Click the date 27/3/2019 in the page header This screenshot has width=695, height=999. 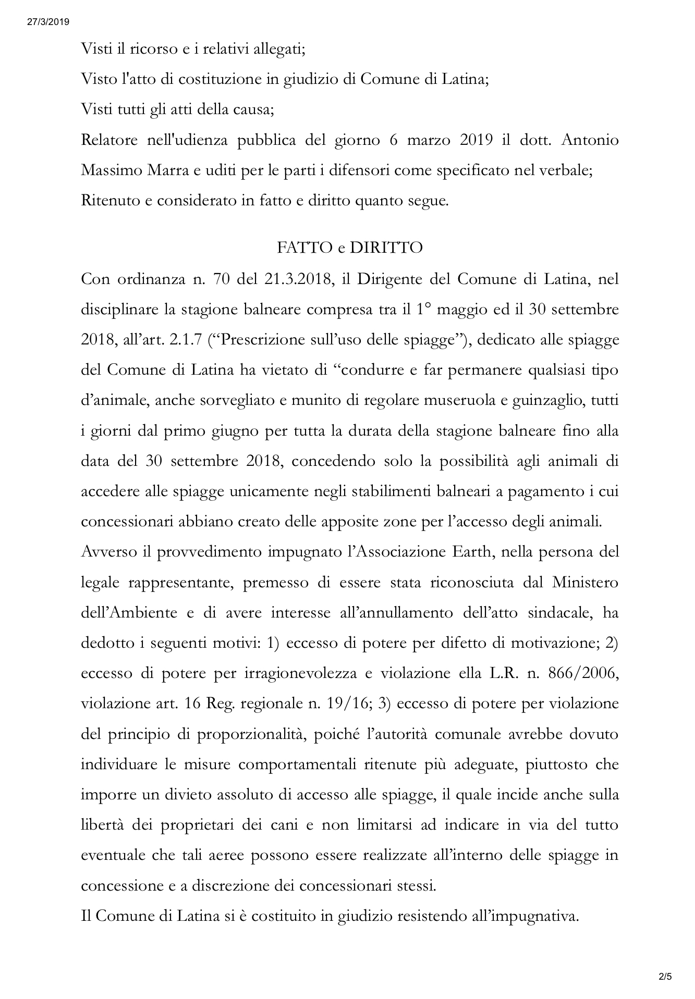pyautogui.click(x=46, y=22)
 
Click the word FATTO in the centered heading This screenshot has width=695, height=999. pyautogui.click(x=304, y=248)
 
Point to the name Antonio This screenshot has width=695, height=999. pyautogui.click(x=591, y=141)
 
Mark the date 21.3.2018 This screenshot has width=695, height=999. pyautogui.click(x=298, y=279)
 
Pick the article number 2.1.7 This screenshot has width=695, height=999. pyautogui.click(x=188, y=340)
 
